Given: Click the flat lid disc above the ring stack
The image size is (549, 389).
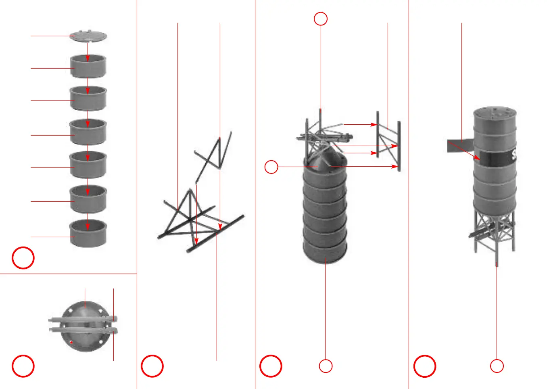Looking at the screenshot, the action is click(88, 36).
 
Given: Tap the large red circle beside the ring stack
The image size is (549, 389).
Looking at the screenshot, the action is click(23, 258).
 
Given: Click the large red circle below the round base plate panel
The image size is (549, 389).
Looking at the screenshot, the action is click(23, 366).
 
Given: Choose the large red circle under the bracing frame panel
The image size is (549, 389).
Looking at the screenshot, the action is click(152, 366).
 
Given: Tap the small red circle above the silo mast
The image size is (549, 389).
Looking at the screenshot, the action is click(321, 19).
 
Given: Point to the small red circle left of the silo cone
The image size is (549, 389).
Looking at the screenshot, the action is click(271, 167).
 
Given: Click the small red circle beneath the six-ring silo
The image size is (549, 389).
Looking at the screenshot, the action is click(326, 366).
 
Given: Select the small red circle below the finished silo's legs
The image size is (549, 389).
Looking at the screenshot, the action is click(497, 366).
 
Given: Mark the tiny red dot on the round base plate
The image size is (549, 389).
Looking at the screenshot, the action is click(71, 343).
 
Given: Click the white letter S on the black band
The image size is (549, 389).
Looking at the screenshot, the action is click(514, 155).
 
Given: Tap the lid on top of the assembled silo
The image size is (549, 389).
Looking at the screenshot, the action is click(495, 112).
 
